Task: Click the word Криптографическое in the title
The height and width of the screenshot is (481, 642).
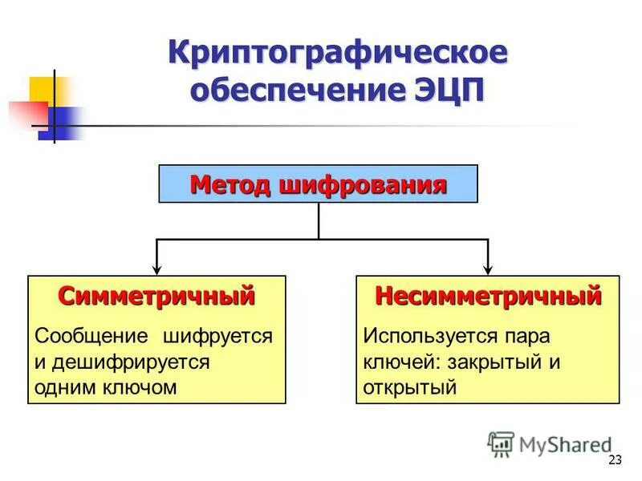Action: point(337,54)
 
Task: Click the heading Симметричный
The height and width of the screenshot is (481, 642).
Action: point(156,296)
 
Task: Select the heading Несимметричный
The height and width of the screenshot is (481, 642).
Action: point(488,296)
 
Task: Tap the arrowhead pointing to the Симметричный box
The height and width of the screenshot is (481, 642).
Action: point(156,268)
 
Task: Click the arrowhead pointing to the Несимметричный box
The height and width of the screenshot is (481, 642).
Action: point(488,268)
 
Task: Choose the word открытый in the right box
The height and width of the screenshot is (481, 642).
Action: point(410,387)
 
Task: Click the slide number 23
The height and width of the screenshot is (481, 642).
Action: point(616,459)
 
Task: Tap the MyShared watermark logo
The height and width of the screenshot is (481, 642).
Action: point(549,443)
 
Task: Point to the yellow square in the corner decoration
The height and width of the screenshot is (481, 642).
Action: point(44,90)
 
